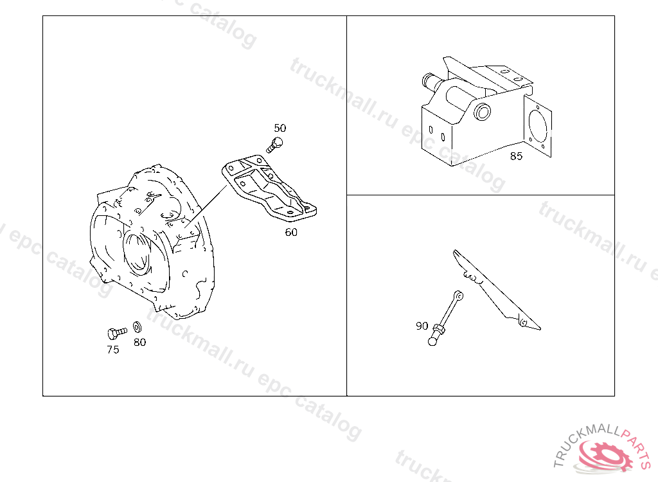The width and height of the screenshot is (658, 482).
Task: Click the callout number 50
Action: (280, 128)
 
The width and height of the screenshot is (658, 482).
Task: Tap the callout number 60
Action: (291, 232)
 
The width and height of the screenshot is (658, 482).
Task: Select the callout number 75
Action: (113, 350)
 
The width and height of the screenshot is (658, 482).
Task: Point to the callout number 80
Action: (139, 343)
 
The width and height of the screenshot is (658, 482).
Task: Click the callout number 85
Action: (516, 156)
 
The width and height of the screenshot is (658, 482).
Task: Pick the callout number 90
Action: (422, 326)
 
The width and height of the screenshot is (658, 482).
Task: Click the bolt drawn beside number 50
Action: (274, 145)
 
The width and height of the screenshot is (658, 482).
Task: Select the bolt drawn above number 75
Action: (117, 334)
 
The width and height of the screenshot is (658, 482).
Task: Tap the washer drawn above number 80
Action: (138, 327)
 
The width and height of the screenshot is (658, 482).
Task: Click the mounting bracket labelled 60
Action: (269, 188)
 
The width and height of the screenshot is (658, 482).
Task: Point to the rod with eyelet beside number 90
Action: (446, 318)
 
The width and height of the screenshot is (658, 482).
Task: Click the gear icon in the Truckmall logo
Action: (605, 456)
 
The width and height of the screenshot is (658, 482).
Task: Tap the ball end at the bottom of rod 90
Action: (432, 341)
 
